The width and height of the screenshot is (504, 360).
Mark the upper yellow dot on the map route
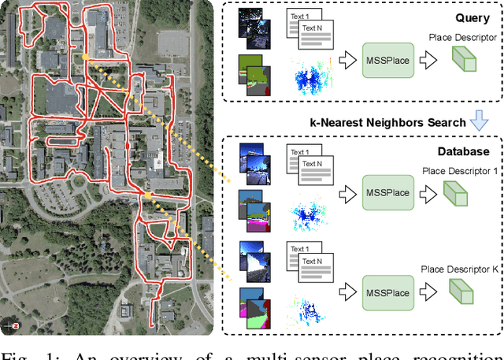tap(84, 57)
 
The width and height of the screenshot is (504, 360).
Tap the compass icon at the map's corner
tap(10, 324)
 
